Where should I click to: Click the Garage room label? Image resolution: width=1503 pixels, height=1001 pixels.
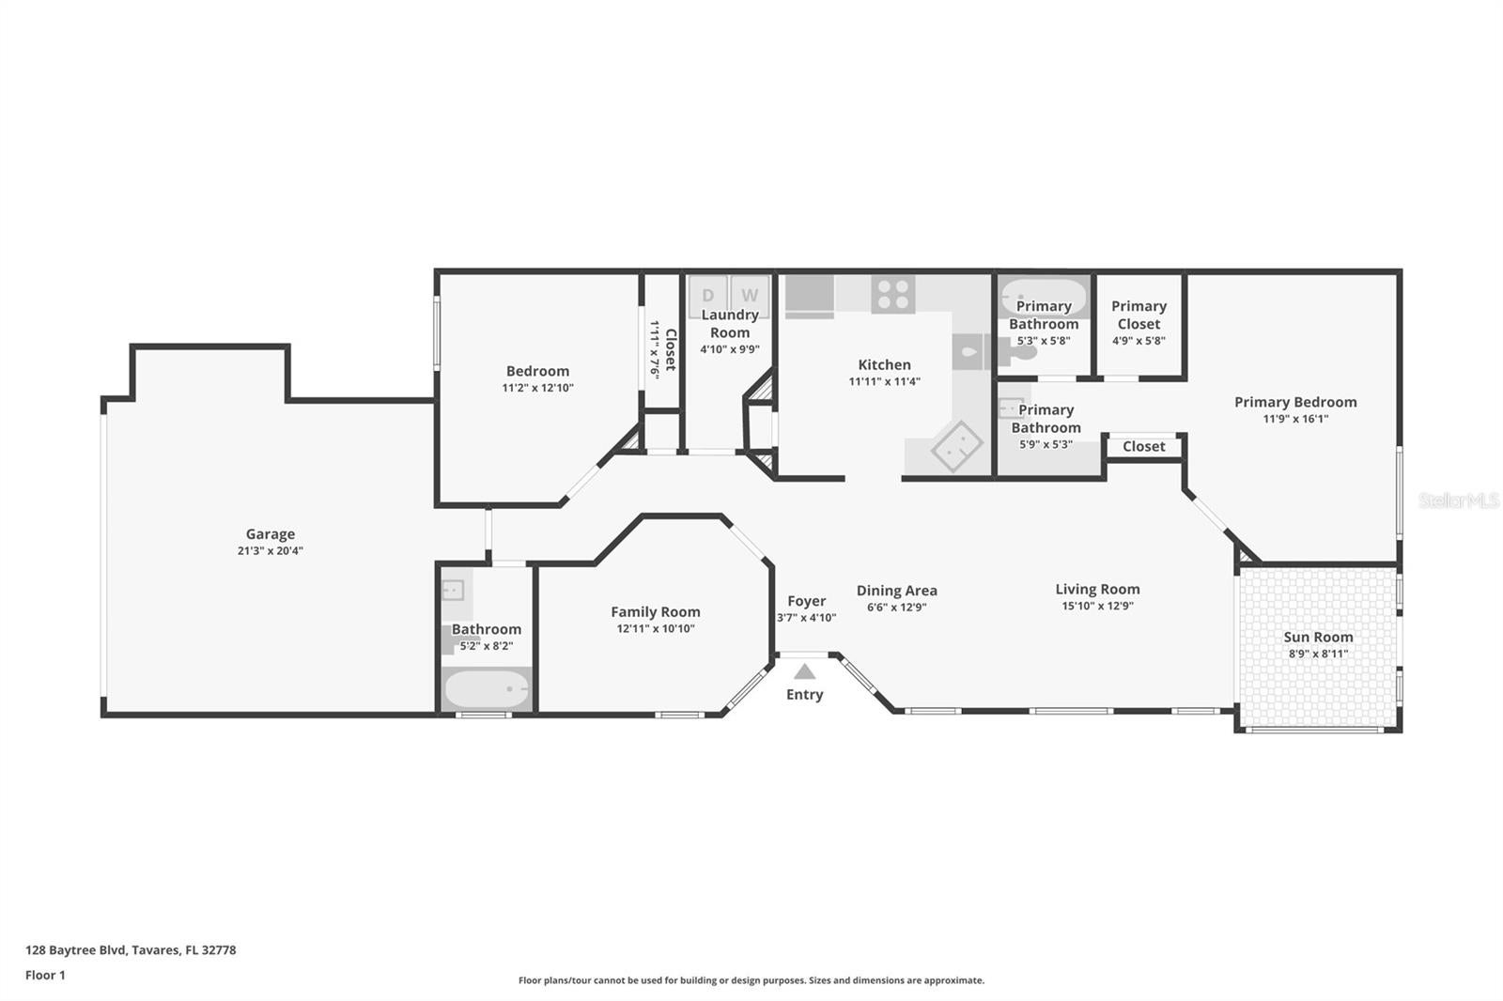(270, 534)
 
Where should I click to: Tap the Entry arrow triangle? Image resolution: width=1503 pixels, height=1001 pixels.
(804, 671)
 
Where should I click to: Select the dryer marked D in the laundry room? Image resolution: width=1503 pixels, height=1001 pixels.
(708, 296)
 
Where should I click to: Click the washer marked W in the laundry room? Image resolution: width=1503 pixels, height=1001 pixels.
(750, 296)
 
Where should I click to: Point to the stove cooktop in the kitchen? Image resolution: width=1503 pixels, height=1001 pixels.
(893, 295)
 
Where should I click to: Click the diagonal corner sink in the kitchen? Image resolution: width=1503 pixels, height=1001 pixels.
(957, 445)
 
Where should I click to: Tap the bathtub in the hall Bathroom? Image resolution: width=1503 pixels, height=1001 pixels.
(487, 688)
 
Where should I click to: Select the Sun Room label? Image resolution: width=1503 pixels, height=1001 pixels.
(1318, 637)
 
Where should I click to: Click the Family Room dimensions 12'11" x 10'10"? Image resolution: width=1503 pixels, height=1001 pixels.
(656, 628)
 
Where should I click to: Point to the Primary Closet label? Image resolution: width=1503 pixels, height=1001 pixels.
(1139, 315)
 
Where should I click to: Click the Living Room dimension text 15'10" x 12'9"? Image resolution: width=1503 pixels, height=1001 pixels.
(1097, 606)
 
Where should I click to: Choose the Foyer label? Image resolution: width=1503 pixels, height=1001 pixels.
(807, 601)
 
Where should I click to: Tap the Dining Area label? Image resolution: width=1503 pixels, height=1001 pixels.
(896, 591)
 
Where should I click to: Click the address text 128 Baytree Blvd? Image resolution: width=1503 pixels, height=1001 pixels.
(75, 950)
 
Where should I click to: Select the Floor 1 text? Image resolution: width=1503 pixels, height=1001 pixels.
(45, 976)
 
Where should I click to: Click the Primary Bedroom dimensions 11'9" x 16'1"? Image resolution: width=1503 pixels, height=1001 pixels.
(1295, 420)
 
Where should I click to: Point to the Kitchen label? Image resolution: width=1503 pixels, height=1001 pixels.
(884, 365)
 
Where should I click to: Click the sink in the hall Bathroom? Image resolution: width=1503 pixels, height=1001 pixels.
(453, 590)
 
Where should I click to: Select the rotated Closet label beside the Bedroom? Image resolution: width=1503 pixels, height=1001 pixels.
(671, 349)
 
